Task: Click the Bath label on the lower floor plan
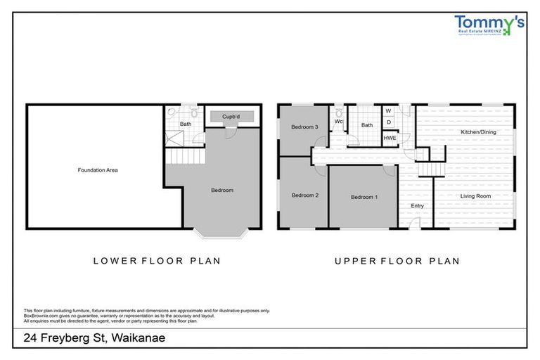(185, 124)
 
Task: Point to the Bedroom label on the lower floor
(221, 190)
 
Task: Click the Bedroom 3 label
(304, 127)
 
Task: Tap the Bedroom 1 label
(364, 197)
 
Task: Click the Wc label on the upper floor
(339, 121)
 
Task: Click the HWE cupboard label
(390, 139)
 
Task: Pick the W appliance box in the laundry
(388, 111)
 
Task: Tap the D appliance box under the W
(388, 122)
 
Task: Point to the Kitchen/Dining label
(477, 132)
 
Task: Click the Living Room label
(475, 196)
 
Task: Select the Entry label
(417, 205)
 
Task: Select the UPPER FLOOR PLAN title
(397, 261)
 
